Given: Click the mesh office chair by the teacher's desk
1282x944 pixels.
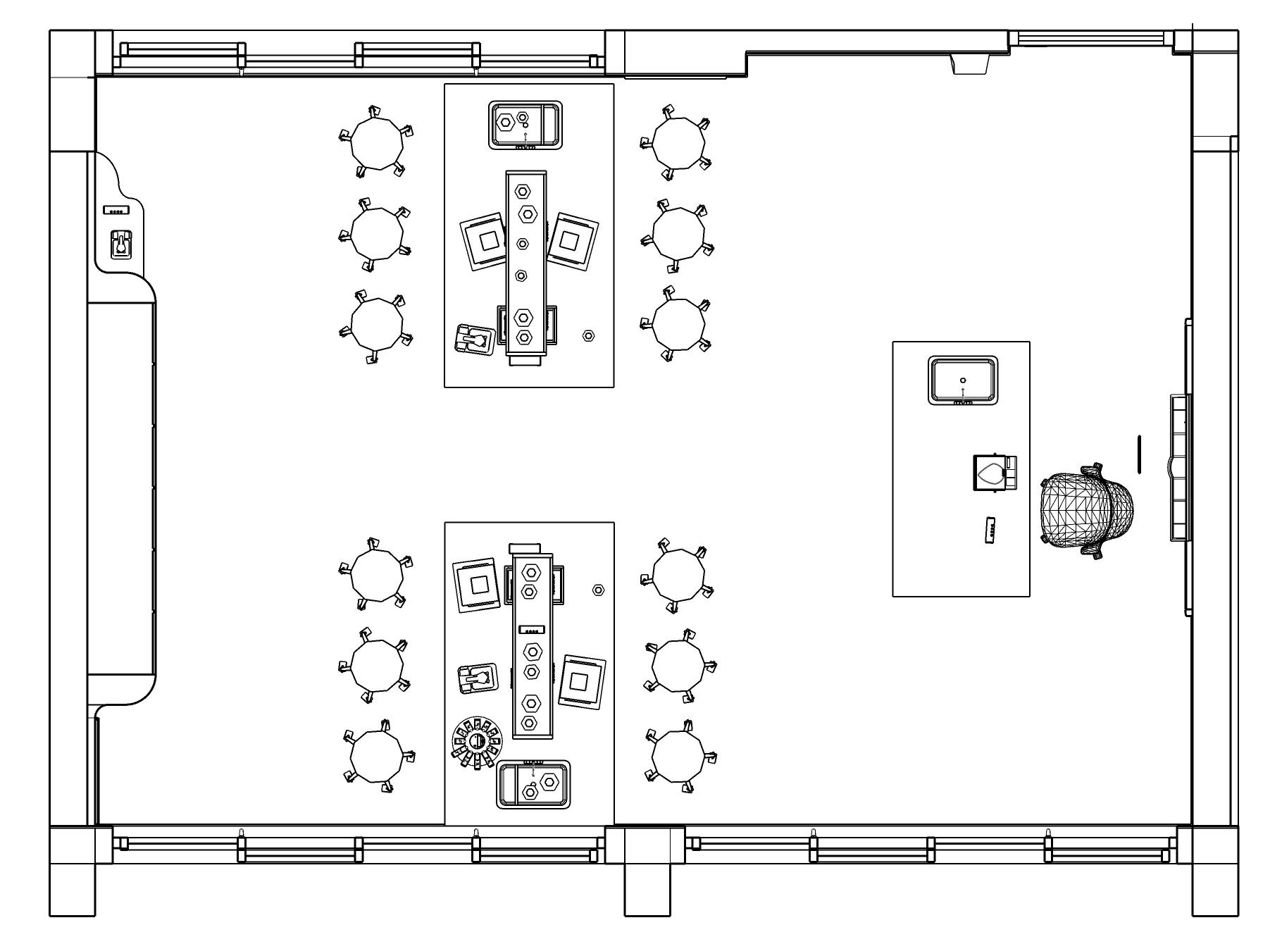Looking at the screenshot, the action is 1088,510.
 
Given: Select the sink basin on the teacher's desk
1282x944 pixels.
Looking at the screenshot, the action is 963,380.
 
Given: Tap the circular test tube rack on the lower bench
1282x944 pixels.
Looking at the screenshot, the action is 476,742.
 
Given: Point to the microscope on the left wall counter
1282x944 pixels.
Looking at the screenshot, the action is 120,244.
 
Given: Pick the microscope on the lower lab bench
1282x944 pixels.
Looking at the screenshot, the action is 475,678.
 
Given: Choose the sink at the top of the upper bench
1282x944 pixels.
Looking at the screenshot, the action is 525,125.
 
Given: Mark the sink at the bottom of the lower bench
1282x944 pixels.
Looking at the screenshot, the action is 533,785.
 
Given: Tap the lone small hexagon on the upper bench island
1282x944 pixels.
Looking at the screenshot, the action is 589,336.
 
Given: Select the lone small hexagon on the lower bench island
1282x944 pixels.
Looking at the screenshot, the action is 599,590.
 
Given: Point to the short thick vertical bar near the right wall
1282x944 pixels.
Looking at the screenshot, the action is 1138,454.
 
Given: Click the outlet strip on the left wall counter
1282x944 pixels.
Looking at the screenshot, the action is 116,211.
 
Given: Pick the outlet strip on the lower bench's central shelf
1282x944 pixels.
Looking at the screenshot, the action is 532,629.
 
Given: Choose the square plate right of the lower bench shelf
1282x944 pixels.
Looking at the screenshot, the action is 580,681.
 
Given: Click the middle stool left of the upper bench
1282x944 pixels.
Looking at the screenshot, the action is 377,234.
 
